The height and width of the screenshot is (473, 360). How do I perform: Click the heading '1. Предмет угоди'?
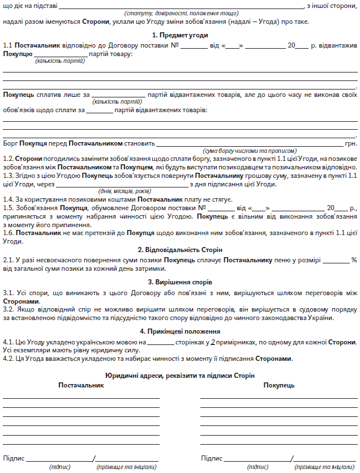[x=180, y=36]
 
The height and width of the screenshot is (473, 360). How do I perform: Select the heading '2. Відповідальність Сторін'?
[x=180, y=249]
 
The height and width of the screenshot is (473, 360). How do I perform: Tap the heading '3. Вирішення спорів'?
[x=180, y=282]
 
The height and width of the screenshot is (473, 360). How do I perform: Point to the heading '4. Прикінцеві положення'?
[x=180, y=331]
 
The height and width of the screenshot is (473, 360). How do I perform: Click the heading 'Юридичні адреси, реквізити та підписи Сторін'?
[x=180, y=376]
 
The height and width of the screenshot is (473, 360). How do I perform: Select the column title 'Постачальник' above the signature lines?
[x=82, y=385]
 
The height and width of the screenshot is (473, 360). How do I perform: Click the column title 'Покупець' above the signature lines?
[x=278, y=385]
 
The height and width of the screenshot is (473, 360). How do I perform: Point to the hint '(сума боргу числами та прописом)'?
[x=250, y=151]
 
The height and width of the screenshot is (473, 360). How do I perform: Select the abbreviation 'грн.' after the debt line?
[x=350, y=144]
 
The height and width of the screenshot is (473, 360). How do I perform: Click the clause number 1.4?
[x=8, y=200]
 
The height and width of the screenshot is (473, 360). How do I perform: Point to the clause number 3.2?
[x=8, y=310]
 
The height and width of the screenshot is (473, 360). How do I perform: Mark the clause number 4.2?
[x=8, y=359]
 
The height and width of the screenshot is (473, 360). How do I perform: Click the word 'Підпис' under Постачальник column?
[x=14, y=458]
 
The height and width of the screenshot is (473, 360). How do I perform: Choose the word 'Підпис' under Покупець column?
[x=211, y=458]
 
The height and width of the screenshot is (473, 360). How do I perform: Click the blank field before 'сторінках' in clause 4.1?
[x=160, y=343]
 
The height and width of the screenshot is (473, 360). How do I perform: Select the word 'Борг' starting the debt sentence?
[x=11, y=144]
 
